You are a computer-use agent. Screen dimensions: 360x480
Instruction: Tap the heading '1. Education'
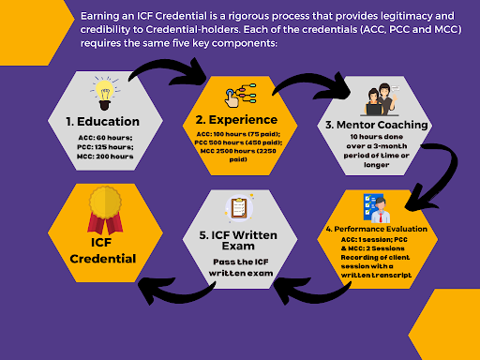pos(104,122)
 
